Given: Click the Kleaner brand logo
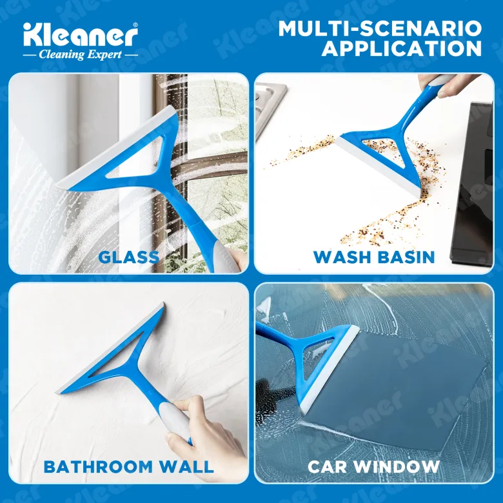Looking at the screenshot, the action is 80,34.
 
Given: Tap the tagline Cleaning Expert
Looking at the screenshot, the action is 80,55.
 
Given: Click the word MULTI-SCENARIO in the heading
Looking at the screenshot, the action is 380,28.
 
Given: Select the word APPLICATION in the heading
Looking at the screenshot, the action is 402,48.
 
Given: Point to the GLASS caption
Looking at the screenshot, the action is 128,257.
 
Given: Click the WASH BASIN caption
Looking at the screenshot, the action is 374,257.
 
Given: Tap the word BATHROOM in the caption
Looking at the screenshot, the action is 98,466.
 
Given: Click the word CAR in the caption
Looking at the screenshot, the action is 327,466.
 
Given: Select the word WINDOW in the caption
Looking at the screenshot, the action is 397,466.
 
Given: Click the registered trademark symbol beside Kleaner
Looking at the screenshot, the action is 135,25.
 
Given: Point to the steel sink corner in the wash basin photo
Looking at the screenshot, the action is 270,106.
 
